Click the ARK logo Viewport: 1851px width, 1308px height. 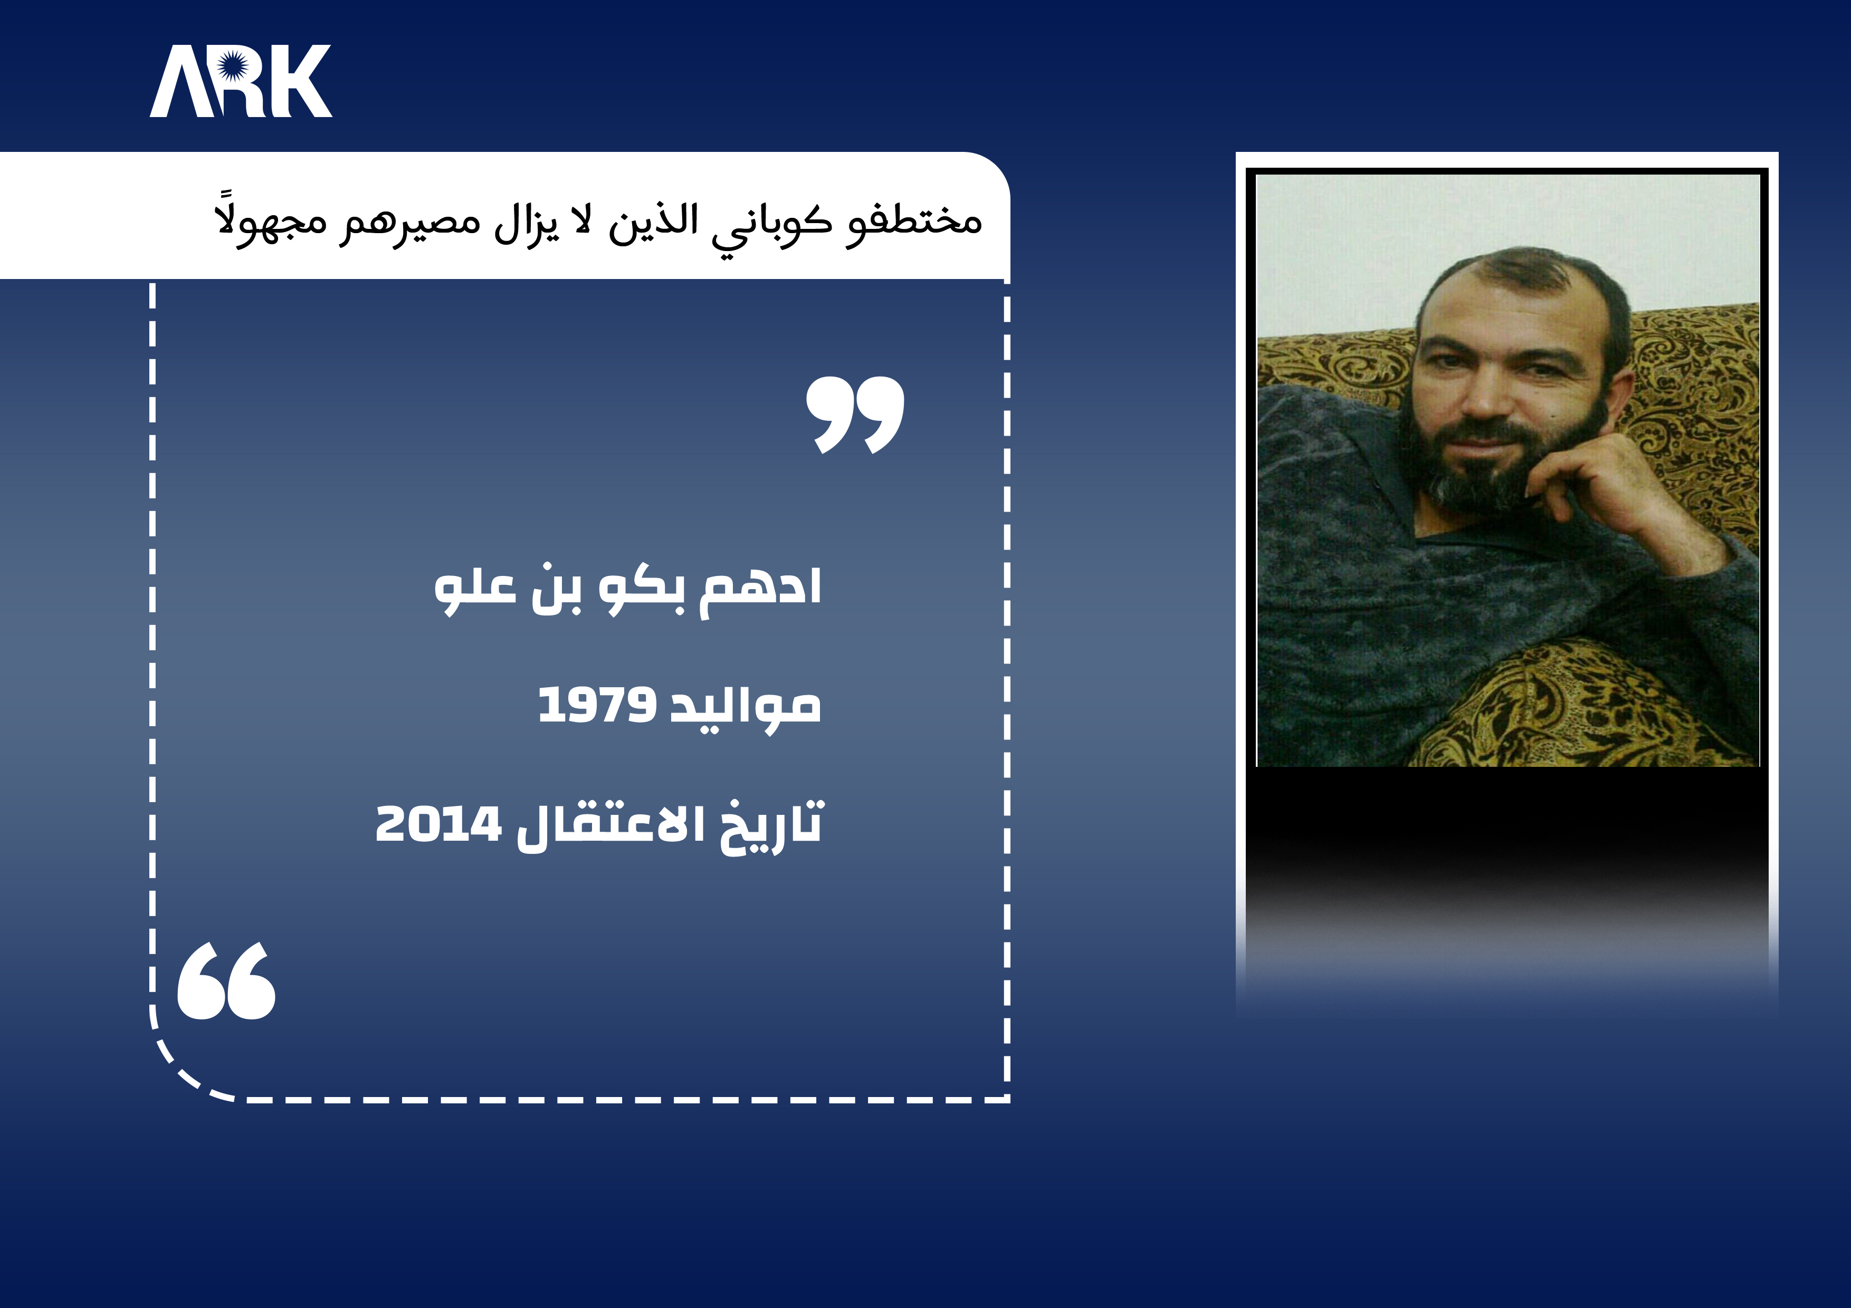(240, 81)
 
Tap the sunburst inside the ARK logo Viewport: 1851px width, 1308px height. (231, 64)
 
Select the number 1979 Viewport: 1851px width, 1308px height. (597, 705)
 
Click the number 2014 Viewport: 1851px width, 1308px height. (438, 824)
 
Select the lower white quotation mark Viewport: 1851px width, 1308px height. (226, 981)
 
